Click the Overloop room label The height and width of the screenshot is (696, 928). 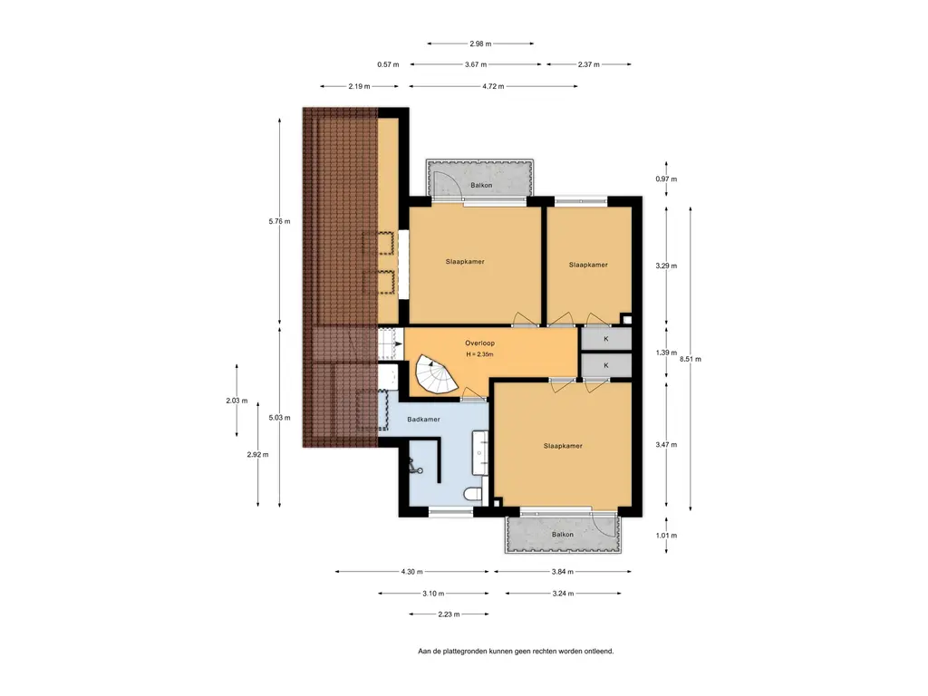click(479, 343)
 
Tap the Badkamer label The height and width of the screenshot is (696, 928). click(424, 420)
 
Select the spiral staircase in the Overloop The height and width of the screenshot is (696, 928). click(436, 374)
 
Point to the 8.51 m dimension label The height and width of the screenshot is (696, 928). click(691, 359)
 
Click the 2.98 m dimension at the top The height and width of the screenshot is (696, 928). click(480, 43)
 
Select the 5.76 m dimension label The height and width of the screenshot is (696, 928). click(279, 222)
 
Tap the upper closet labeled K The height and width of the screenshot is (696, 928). click(606, 339)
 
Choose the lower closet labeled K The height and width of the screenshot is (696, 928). click(606, 366)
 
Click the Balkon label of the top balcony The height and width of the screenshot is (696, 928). click(481, 185)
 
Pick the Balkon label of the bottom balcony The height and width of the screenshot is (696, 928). click(562, 535)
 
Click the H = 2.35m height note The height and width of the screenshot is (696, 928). click(479, 354)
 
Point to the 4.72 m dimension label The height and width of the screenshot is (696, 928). click(493, 86)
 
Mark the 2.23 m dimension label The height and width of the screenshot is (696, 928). click(449, 614)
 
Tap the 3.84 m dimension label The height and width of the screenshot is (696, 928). click(562, 572)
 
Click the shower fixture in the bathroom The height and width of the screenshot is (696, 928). click(414, 468)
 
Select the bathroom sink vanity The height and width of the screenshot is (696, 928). click(480, 453)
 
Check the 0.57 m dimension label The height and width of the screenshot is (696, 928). click(388, 64)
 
